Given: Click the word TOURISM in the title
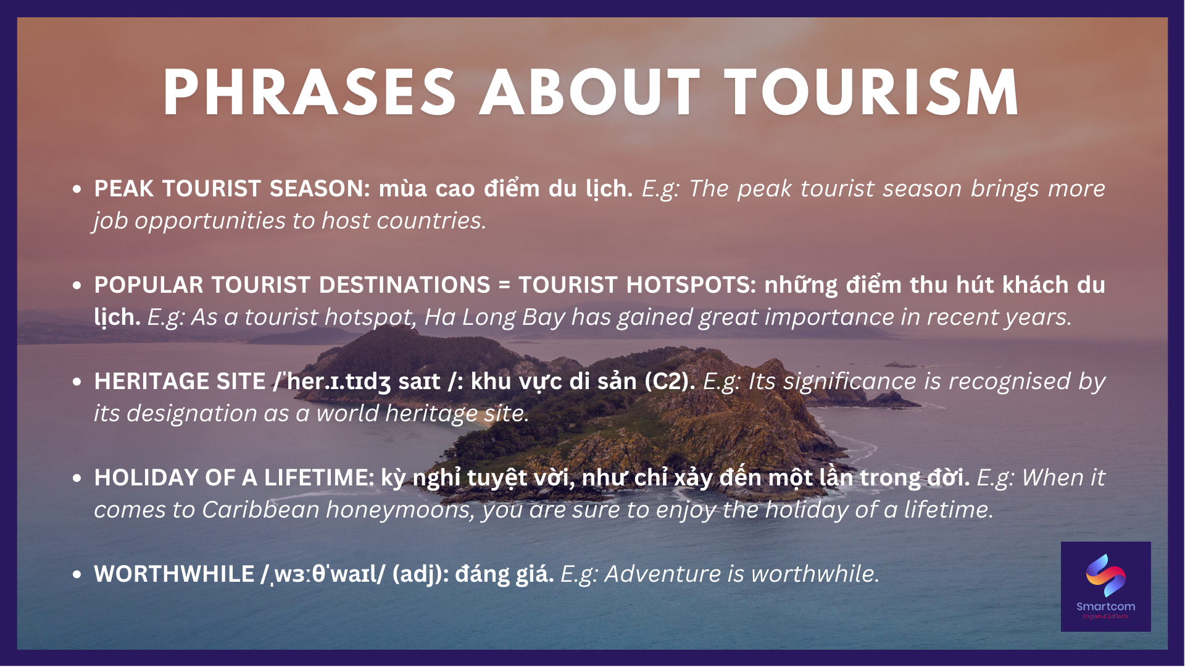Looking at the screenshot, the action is click(x=872, y=93).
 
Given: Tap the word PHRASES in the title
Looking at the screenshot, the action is click(x=309, y=93).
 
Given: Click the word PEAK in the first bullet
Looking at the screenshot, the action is click(x=124, y=188).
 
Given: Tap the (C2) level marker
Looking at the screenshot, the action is click(x=670, y=382).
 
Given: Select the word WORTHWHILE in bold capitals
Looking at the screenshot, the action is click(x=174, y=574).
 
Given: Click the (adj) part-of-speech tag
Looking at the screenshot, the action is click(x=420, y=574).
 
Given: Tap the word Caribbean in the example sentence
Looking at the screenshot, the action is click(x=260, y=510).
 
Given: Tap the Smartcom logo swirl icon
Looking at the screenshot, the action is click(x=1105, y=575).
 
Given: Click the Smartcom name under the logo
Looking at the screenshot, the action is click(x=1105, y=606).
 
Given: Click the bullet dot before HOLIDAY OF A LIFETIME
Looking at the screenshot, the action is click(x=77, y=478).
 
